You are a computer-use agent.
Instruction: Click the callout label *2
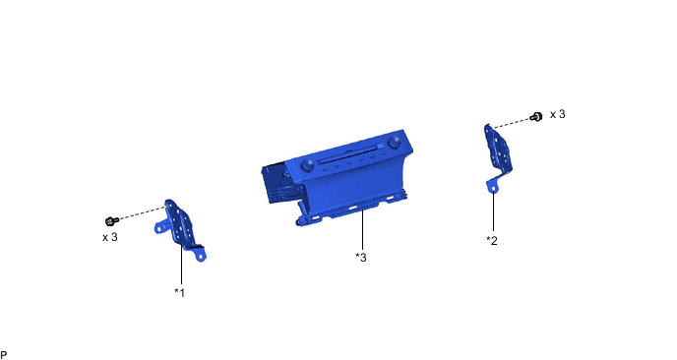tap(492, 240)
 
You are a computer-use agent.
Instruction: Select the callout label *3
tap(361, 258)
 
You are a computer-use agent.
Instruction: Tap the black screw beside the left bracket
tap(112, 220)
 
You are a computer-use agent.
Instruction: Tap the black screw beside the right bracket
tap(536, 116)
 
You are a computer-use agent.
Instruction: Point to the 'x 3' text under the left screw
tap(109, 237)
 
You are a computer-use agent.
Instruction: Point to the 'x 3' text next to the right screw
tap(557, 115)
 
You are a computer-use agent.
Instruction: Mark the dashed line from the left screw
tap(142, 212)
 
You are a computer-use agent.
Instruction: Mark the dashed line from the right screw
tap(511, 122)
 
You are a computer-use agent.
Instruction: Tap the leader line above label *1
tap(181, 266)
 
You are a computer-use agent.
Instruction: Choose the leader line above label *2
tap(493, 211)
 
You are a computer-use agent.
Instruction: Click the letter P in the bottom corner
tap(5, 354)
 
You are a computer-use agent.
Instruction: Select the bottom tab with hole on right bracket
tap(489, 184)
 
